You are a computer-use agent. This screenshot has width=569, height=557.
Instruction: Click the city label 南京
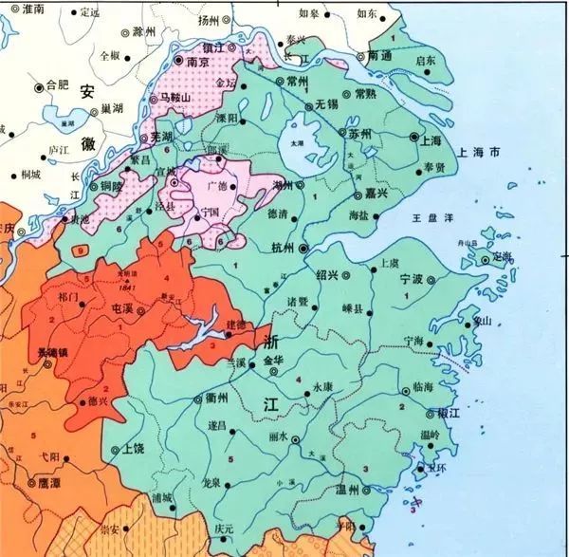[197, 61]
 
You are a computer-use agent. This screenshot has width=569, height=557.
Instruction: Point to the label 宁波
[411, 280]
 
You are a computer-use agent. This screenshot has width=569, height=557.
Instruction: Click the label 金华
[274, 362]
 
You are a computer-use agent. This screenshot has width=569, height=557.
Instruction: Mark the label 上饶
[135, 450]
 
